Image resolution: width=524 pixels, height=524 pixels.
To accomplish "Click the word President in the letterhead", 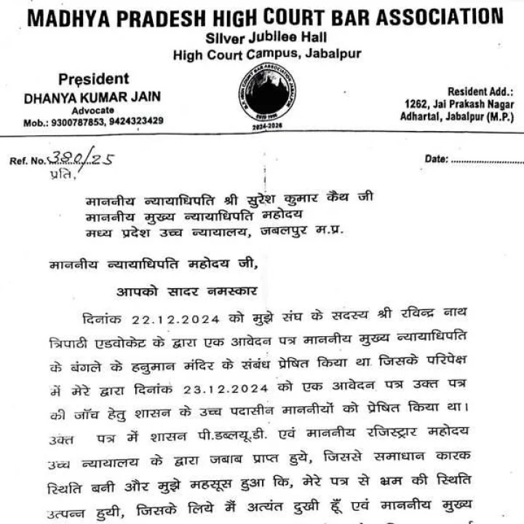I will tap(93, 79).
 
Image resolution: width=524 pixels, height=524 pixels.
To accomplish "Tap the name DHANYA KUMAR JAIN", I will tap(92, 97).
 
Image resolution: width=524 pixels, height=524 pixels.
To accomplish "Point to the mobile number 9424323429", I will tap(136, 121).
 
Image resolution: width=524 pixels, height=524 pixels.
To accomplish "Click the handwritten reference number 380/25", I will tap(80, 159).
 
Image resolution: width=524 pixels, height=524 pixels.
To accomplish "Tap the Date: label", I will tap(435, 159).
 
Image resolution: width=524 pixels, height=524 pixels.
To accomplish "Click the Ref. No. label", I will tap(28, 160).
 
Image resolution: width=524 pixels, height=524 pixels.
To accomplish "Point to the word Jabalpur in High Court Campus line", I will tap(332, 53).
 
